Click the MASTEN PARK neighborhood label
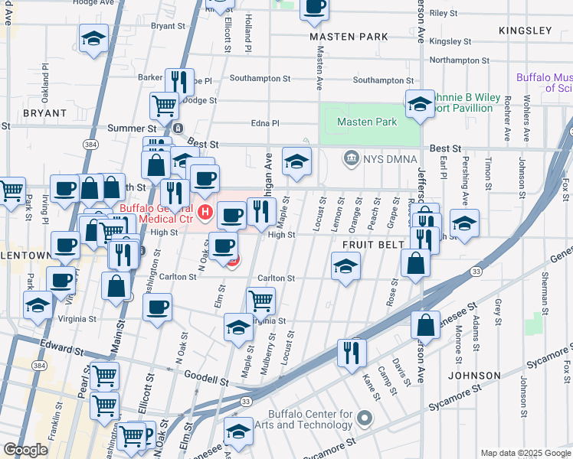pyautogui.click(x=349, y=37)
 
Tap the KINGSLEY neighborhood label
pyautogui.click(x=525, y=31)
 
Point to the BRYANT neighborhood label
pyautogui.click(x=29, y=112)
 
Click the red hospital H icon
pyautogui.click(x=205, y=211)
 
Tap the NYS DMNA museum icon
pyautogui.click(x=352, y=158)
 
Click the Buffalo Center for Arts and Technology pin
pyautogui.click(x=365, y=418)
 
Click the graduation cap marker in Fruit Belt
pyautogui.click(x=345, y=267)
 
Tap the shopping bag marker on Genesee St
pyautogui.click(x=425, y=324)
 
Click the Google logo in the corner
pyautogui.click(x=25, y=450)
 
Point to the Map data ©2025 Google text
pyautogui.click(x=525, y=453)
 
